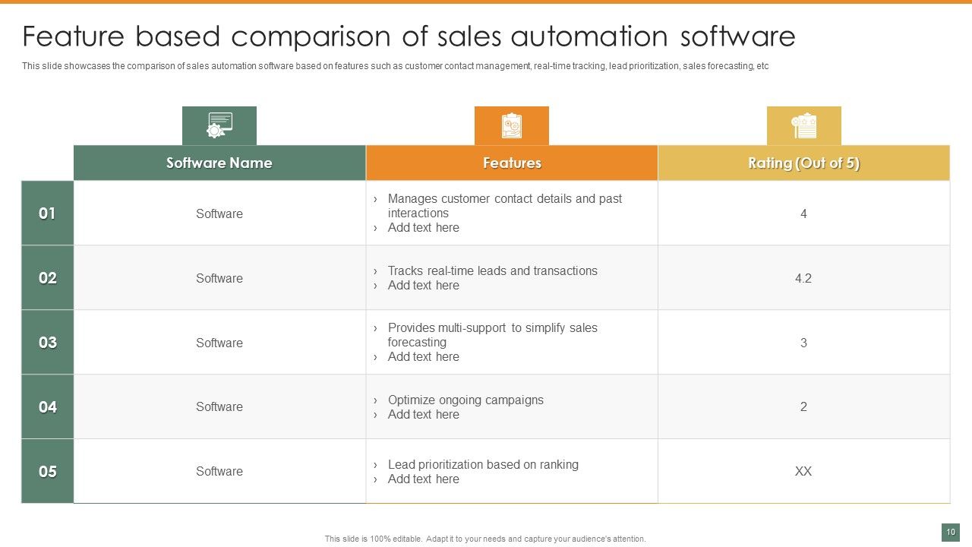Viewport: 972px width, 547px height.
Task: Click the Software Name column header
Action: [219, 163]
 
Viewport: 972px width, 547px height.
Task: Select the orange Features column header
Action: [512, 163]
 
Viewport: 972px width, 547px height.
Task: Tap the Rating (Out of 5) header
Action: [803, 163]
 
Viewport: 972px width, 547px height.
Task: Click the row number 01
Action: [47, 213]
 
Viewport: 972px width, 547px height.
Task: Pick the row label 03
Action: [47, 343]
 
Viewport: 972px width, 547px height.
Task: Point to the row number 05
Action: [47, 472]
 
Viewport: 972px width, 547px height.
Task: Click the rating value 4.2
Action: [803, 278]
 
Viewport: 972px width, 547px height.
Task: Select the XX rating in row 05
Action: [803, 471]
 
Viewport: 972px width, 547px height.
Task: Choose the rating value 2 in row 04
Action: [803, 406]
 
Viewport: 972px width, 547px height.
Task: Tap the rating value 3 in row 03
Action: [803, 343]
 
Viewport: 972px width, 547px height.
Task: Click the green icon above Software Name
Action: [219, 125]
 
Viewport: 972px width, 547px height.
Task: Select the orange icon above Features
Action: [512, 125]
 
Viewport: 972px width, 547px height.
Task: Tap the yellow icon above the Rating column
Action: [803, 125]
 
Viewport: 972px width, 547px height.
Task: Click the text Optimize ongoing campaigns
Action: [465, 400]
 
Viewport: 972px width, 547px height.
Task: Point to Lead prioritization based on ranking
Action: [483, 464]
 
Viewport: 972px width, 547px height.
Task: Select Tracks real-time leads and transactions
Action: [492, 270]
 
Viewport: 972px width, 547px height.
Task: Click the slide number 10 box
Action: [950, 533]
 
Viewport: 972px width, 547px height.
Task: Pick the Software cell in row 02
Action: [219, 278]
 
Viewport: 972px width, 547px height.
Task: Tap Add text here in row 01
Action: [423, 227]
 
